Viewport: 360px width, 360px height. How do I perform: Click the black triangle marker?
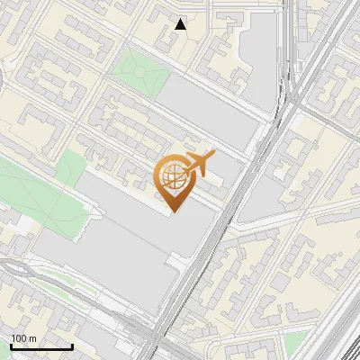pos(181,24)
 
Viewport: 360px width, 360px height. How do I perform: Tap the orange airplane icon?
pos(199,165)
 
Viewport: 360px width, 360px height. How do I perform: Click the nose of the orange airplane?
pos(212,154)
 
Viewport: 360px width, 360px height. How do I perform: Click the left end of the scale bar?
pos(11,346)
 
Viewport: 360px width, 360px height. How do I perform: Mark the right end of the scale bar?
pos(72,346)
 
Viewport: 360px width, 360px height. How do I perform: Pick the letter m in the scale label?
pos(32,338)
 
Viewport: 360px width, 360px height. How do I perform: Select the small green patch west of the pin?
pos(69,167)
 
